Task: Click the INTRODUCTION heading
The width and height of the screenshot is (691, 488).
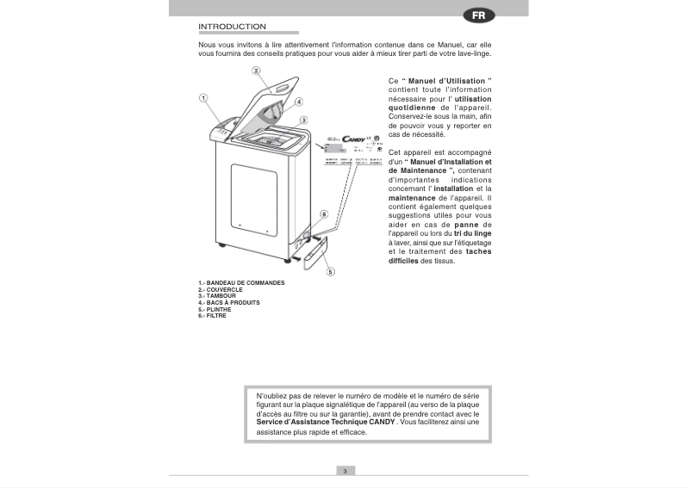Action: coord(232,26)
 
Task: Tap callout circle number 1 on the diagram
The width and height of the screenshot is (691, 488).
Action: coord(204,98)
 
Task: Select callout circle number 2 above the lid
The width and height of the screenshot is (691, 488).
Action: coord(256,71)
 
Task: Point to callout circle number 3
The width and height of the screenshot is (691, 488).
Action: coord(304,120)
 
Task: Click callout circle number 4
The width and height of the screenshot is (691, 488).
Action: coord(298,101)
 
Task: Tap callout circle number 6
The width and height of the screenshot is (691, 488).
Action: coord(323,213)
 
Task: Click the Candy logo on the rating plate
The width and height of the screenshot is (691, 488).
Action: coord(354,139)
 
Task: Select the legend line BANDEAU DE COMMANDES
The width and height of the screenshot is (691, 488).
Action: coord(241,282)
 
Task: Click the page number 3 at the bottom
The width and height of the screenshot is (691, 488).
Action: coord(345,470)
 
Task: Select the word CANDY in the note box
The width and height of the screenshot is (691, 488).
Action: coord(378,423)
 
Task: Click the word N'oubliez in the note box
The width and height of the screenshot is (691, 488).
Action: coord(274,394)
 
